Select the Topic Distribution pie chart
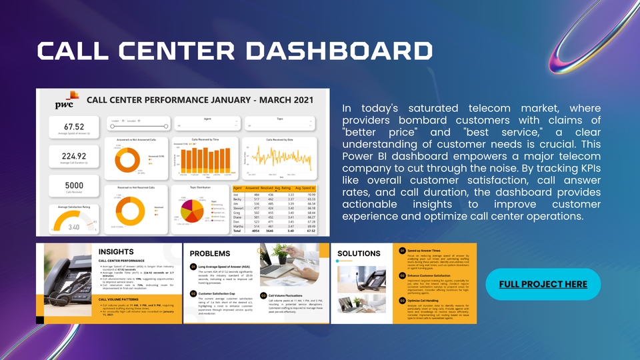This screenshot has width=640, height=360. [189, 211]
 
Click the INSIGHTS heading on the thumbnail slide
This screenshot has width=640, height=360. [116, 252]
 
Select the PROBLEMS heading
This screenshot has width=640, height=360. [210, 253]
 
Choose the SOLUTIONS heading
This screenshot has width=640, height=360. [359, 253]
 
